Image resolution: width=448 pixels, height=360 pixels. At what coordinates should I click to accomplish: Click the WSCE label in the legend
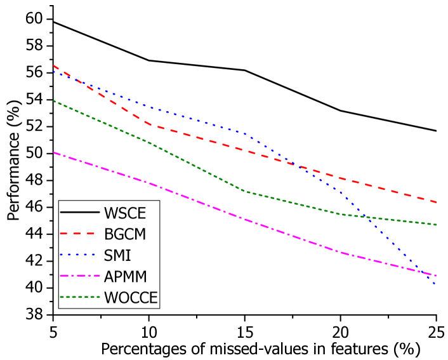pyautogui.click(x=125, y=213)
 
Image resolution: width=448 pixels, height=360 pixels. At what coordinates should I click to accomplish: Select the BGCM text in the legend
pyautogui.click(x=125, y=234)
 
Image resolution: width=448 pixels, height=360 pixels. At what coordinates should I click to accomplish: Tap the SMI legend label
pyautogui.click(x=117, y=255)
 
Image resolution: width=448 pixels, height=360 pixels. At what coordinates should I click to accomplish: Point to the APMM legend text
pyautogui.click(x=126, y=277)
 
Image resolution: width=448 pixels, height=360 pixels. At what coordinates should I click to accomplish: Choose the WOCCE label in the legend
pyautogui.click(x=131, y=298)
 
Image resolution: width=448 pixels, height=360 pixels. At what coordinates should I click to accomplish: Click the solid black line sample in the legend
pyautogui.click(x=79, y=212)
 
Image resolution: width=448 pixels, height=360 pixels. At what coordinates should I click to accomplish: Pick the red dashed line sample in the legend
pyautogui.click(x=79, y=234)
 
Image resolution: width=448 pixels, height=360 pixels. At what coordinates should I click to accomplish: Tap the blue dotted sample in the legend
pyautogui.click(x=79, y=255)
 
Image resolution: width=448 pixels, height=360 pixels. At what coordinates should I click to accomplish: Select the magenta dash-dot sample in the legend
pyautogui.click(x=79, y=276)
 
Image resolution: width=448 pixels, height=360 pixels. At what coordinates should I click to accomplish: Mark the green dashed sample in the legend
pyautogui.click(x=79, y=297)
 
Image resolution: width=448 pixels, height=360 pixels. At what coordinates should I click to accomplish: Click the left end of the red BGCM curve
pyautogui.click(x=53, y=65)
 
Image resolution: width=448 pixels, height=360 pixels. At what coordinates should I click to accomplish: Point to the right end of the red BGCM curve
pyautogui.click(x=436, y=202)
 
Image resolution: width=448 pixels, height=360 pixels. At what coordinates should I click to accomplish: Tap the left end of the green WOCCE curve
pyautogui.click(x=53, y=101)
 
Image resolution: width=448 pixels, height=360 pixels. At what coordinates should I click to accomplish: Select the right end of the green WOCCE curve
pyautogui.click(x=436, y=225)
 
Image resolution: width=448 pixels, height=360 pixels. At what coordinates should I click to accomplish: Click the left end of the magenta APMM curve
pyautogui.click(x=53, y=152)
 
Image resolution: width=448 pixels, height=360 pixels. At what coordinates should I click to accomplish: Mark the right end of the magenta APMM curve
pyautogui.click(x=436, y=276)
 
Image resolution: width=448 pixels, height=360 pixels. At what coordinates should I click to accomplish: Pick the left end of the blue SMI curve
pyautogui.click(x=53, y=71)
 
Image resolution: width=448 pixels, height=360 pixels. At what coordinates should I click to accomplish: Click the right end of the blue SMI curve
pyautogui.click(x=436, y=284)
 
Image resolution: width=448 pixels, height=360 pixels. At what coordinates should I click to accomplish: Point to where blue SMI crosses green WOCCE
pyautogui.click(x=367, y=217)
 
